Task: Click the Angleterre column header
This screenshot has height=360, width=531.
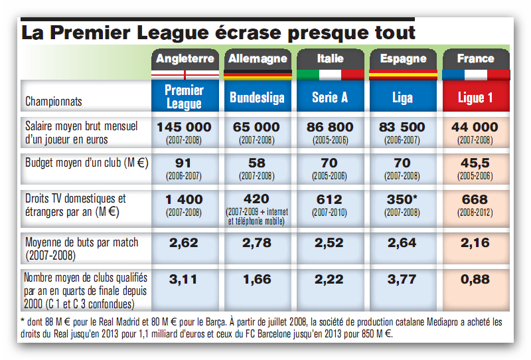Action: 185,58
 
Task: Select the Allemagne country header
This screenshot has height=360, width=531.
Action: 258,58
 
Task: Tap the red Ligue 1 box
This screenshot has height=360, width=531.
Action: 475,98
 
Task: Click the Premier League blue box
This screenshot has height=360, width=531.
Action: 185,97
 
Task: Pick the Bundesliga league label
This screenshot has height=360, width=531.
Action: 257,98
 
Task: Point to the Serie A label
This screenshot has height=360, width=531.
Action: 330,98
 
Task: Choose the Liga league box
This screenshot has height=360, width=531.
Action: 402,98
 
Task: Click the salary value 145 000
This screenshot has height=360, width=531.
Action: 185,127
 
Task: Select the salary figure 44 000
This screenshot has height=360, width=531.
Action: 475,127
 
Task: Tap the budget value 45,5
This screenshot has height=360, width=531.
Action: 475,163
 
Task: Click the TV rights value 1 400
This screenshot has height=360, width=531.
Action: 185,199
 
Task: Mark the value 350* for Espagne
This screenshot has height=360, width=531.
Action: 403,199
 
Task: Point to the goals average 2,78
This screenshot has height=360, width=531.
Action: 257,243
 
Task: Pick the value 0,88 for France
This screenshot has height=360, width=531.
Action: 475,280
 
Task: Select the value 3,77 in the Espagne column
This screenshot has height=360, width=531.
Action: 402,280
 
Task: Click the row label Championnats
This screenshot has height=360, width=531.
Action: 54,102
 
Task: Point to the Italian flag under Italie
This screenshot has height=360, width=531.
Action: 330,74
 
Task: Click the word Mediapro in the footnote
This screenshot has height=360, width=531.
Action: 408,321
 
